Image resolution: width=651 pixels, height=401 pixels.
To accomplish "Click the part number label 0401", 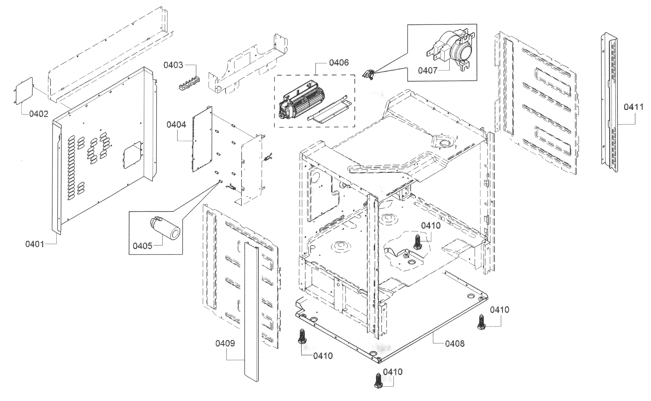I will coord(35,244).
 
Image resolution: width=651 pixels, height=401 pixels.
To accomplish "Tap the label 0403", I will coord(173,65).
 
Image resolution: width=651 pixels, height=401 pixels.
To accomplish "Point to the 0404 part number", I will coord(176,124).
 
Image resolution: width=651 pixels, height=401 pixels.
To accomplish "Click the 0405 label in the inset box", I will coord(142,246).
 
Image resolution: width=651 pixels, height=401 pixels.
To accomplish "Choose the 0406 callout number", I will coord(339,63).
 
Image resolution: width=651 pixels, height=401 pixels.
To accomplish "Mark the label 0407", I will coord(428,70).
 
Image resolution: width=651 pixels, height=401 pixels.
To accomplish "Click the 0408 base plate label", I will coord(455,344).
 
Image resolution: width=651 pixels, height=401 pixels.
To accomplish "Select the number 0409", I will coord(225,343).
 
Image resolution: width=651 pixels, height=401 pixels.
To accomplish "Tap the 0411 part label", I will coord(634,107).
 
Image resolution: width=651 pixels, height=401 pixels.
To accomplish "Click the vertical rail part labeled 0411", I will coord(609,103).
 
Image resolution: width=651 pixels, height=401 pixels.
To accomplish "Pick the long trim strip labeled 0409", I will coord(251,313).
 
